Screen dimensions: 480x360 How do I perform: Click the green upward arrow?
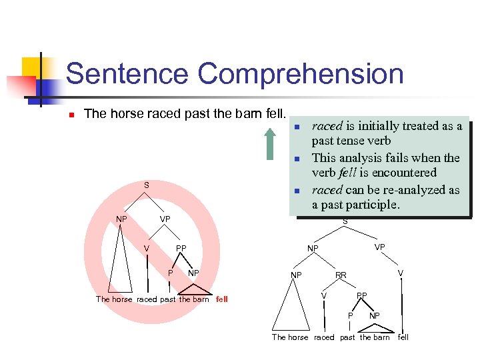tap(270, 144)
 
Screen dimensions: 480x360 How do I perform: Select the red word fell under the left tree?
tap(222, 299)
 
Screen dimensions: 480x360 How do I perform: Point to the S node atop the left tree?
tap(147, 185)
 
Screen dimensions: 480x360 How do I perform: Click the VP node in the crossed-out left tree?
tap(165, 219)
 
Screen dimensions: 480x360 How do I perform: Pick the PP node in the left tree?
tap(181, 249)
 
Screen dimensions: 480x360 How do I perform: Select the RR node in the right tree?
tap(341, 275)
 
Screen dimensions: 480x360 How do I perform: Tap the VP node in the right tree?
tap(379, 247)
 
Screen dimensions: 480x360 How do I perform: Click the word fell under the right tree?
tap(403, 337)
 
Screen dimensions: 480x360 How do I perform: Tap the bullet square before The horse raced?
tap(71, 115)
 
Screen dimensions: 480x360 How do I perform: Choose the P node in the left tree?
tap(170, 273)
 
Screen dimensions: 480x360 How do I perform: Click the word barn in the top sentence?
tap(247, 114)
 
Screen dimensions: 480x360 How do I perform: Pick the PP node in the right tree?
tap(361, 295)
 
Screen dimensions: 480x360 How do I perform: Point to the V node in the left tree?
tap(146, 249)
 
